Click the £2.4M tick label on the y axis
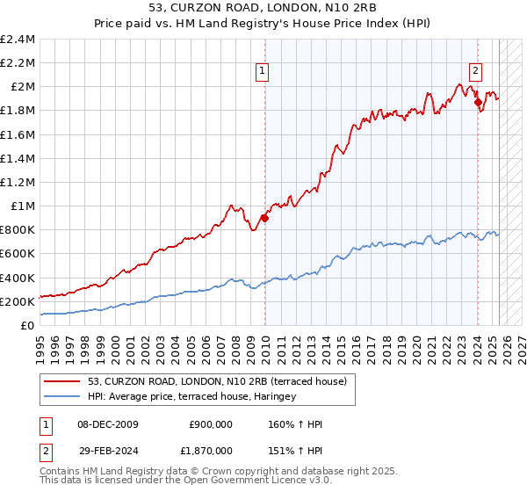(18, 40)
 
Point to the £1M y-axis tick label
(23, 206)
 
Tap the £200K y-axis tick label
(18, 301)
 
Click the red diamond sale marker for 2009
(264, 219)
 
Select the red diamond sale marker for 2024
(478, 103)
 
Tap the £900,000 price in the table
(210, 424)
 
